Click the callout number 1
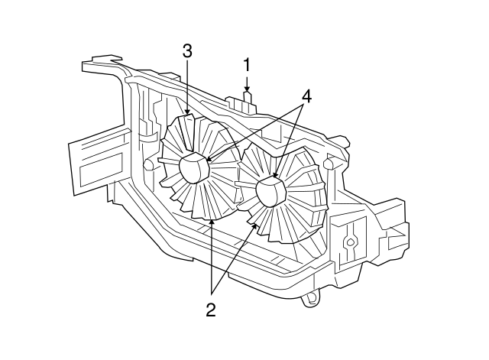point(247,64)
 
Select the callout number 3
point(187,52)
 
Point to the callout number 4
point(306,96)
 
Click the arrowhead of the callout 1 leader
point(247,91)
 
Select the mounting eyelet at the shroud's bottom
point(309,299)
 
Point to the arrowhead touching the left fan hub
point(209,161)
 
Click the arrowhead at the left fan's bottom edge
point(211,222)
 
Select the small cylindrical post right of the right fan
point(328,164)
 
